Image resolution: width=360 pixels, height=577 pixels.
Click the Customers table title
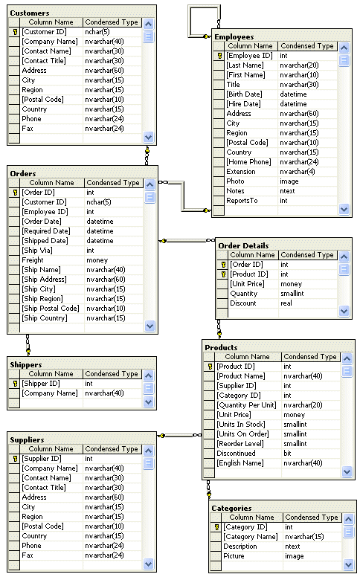[30, 13]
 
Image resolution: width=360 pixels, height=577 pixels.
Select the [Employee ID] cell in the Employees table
[250, 56]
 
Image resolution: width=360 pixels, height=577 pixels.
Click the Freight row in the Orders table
[33, 260]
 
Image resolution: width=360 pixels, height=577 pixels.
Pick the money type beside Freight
[97, 260]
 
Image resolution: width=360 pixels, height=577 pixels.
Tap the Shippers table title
[26, 364]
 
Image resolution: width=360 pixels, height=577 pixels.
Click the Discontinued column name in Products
[236, 453]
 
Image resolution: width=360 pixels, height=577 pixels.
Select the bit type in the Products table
[287, 453]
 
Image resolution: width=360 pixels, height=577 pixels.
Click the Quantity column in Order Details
[244, 293]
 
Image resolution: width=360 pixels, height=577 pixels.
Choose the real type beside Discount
[287, 303]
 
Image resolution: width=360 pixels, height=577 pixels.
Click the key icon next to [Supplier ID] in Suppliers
[15, 459]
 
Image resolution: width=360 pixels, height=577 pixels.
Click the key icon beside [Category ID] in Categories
[216, 527]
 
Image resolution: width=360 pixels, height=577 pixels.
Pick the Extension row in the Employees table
[241, 172]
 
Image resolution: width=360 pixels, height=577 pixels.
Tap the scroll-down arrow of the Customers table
[148, 137]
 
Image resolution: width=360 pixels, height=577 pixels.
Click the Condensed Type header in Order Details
[307, 254]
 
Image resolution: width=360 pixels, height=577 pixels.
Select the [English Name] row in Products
[242, 462]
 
